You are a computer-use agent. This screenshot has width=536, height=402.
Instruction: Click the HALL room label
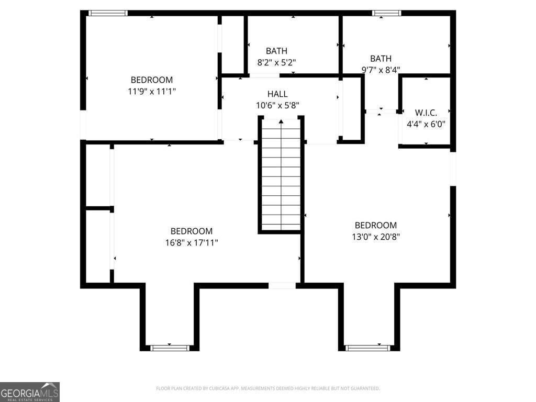pos(277,94)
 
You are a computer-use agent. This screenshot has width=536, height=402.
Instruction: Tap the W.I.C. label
pos(426,113)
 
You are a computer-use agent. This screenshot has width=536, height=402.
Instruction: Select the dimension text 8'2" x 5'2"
pos(276,62)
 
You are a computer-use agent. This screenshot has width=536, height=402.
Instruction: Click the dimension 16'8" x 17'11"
pos(192,242)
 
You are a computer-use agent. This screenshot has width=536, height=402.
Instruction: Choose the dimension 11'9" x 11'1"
pos(152,91)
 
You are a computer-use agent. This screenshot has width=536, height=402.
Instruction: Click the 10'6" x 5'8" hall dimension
pos(277,105)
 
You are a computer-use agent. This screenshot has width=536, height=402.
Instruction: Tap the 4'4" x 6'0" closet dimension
pos(426,124)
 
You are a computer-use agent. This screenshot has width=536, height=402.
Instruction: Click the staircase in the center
pos(281,178)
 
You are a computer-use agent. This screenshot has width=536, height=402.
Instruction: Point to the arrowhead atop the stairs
pos(281,122)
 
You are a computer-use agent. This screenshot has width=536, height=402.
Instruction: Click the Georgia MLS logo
pos(30,392)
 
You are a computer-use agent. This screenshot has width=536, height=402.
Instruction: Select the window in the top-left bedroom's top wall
pos(108,13)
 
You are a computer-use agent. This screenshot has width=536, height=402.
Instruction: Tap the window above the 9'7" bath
pos(386,13)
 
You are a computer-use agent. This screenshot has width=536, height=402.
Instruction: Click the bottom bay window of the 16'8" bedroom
pos(170,348)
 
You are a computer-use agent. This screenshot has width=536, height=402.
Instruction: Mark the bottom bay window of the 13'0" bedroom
pos(367,348)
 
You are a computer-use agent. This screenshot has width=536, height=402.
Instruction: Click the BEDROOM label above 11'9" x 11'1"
pos(152,80)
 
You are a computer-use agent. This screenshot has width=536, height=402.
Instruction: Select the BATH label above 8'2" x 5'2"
pos(276,51)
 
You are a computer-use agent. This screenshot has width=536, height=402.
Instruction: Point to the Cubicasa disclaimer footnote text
pos(267,388)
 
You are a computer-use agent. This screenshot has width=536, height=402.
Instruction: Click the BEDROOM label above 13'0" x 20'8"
pos(376,226)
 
